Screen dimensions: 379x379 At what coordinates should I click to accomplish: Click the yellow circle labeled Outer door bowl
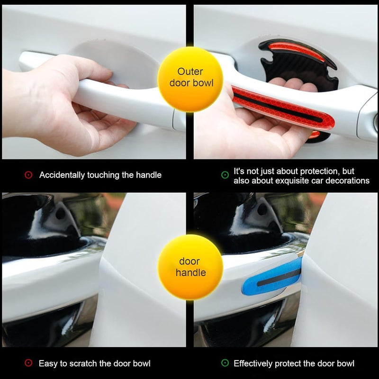190,79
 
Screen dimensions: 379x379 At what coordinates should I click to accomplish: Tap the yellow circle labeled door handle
190,267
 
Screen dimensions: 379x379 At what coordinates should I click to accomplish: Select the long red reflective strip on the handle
283,108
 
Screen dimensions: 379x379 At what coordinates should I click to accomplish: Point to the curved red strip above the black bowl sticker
297,51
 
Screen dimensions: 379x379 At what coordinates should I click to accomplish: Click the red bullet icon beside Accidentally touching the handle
28,175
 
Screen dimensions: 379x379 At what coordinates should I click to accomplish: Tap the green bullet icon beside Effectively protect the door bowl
225,363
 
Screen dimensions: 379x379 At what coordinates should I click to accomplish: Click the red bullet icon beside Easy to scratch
28,363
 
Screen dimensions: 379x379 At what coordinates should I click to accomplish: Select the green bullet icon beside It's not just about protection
225,175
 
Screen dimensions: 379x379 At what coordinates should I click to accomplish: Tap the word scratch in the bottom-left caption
83,363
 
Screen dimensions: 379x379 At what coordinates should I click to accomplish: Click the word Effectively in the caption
253,363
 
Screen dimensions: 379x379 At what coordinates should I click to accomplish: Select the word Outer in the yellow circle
190,72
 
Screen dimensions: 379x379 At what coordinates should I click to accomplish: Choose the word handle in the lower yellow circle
191,273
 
